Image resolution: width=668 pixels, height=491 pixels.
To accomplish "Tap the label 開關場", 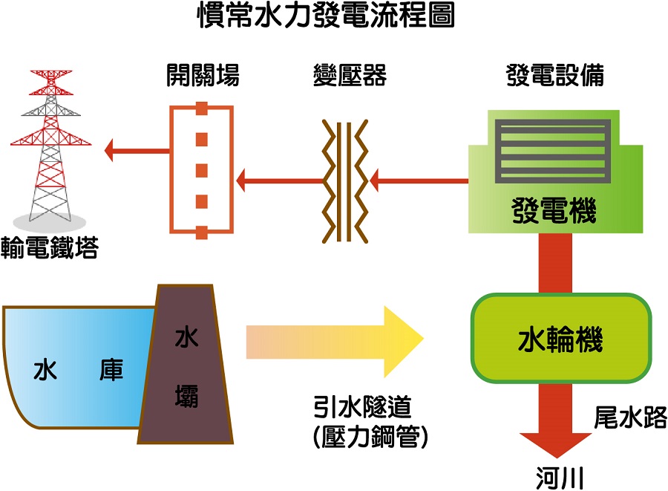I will point(202,75).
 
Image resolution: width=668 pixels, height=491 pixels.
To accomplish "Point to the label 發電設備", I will point(554,75).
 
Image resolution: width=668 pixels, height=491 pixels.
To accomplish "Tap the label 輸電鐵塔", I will point(50,247).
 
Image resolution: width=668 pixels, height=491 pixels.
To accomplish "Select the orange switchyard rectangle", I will point(201,169).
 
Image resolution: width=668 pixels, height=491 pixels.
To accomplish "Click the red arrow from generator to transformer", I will point(419,180).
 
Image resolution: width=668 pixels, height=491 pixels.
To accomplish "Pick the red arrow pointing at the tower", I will point(137,151).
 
